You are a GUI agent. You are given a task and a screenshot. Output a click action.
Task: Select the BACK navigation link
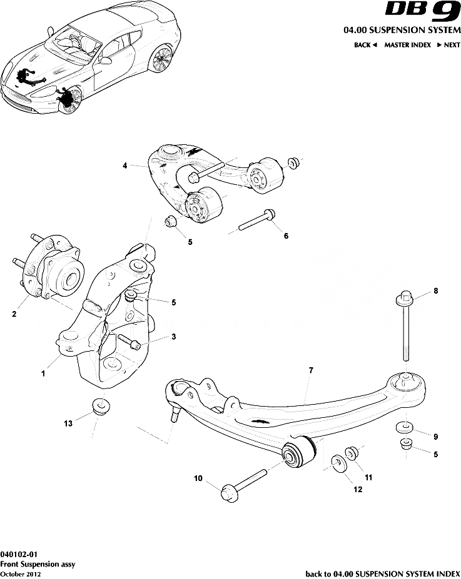[x=365, y=45]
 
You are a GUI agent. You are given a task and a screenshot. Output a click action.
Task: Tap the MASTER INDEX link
[x=407, y=45]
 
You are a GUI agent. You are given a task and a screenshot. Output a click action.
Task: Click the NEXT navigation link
[x=448, y=45]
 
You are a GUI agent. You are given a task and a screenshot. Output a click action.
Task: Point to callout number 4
[x=125, y=166]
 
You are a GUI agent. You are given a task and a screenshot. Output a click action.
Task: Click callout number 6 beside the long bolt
[x=286, y=236]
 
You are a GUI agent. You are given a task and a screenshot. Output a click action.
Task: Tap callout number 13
[x=68, y=423]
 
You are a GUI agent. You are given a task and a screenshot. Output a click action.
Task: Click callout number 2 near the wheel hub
[x=14, y=315]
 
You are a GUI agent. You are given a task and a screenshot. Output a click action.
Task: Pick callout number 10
[x=198, y=479]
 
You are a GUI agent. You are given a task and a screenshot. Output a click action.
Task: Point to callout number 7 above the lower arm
[x=310, y=370]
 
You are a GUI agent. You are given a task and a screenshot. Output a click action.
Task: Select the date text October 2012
[x=21, y=574]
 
